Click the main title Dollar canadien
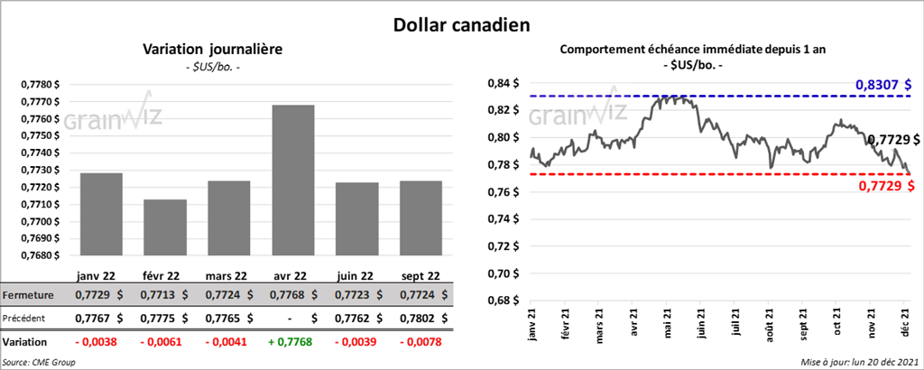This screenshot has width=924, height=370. click(461, 24)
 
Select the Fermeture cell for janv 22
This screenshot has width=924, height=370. click(98, 295)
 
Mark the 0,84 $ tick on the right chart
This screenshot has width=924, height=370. click(503, 83)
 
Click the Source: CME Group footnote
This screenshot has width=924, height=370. click(39, 362)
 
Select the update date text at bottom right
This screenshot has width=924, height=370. click(860, 362)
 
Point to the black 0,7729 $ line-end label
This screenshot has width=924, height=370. click(893, 140)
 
